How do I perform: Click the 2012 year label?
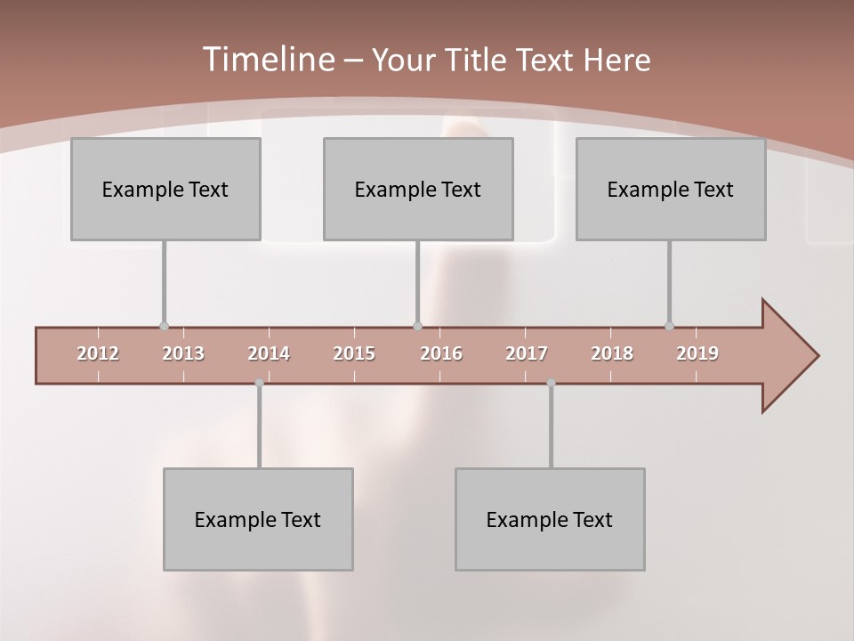point(98,354)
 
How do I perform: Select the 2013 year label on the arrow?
point(183,354)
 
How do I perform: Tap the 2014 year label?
point(269,354)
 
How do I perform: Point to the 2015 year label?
point(354,354)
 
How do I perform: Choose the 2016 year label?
point(441,354)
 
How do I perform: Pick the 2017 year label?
point(527,354)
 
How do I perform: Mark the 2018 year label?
point(612,354)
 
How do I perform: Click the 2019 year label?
point(697,354)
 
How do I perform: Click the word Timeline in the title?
point(267,60)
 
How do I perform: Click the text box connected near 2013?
point(165,190)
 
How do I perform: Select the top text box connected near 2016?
point(418,190)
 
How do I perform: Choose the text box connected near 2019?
point(671,190)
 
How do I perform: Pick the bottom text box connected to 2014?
point(258,520)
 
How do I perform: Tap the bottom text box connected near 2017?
point(550,520)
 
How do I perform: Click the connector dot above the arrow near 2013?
point(164,326)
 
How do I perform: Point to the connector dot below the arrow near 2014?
point(259,383)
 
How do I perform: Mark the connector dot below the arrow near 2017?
point(551,383)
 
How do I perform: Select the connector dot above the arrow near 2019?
point(669,326)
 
